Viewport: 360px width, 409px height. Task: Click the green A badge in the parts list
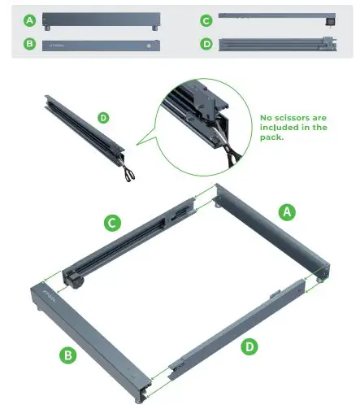coord(30,19)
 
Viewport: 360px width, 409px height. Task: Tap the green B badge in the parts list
coord(30,44)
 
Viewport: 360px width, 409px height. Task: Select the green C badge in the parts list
coord(206,19)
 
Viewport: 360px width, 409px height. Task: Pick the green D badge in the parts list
coord(206,44)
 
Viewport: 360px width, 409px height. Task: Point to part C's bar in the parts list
coord(276,15)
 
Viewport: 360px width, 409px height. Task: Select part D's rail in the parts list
coord(276,44)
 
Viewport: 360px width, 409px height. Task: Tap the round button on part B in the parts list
coord(149,46)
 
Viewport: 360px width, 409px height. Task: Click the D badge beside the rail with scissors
coord(103,117)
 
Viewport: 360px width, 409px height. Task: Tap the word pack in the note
coord(272,137)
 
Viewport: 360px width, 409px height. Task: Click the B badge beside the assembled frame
coord(67,354)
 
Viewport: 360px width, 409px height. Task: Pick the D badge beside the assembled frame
coord(249,347)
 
